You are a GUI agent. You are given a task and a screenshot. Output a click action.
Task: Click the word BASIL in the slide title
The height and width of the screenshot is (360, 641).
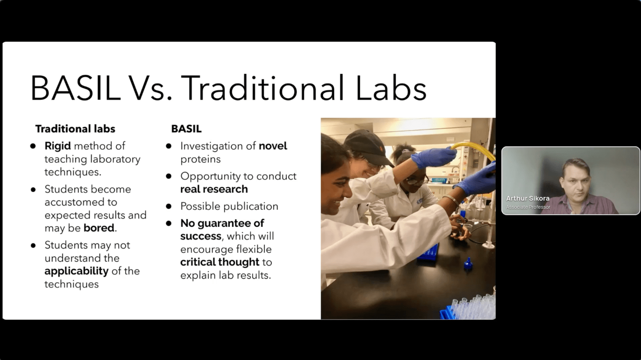coord(76,88)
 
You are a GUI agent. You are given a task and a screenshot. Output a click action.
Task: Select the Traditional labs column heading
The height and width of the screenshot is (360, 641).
coord(75,129)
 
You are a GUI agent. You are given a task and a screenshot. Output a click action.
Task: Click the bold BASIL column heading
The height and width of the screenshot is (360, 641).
coord(186,129)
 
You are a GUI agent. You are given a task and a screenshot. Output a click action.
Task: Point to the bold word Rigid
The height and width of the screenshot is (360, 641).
coord(58,146)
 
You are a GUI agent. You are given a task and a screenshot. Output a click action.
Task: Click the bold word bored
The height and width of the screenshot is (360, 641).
coord(99,228)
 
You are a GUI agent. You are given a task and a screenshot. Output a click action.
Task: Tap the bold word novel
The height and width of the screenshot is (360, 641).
coord(273,146)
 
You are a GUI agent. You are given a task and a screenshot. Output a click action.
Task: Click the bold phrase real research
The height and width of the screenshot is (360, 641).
coord(214,189)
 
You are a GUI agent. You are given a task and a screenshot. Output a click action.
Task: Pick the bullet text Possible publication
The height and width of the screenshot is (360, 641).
coord(229,206)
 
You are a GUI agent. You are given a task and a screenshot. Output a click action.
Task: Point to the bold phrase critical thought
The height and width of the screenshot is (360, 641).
coord(220,262)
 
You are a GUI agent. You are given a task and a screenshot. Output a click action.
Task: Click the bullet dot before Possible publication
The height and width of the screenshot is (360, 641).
coord(169,206)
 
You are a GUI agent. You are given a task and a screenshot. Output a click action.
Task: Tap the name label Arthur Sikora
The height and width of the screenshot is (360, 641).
coord(528,198)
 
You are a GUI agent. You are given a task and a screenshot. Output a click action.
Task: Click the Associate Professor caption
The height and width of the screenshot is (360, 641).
coord(528,207)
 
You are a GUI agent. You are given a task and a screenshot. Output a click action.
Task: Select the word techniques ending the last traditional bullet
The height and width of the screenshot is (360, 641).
coord(71,284)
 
